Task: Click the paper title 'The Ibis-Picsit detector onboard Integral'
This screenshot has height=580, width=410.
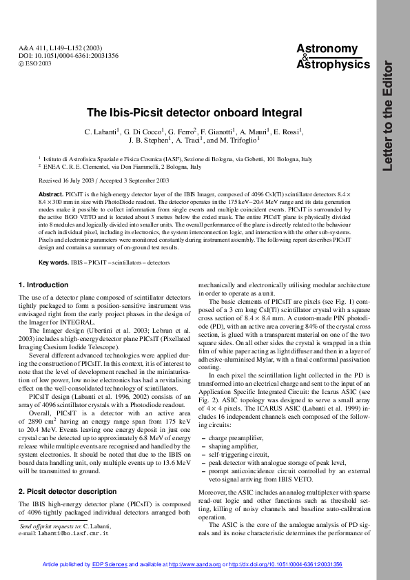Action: tap(194, 112)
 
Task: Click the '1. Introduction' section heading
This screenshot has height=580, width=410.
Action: tap(43, 284)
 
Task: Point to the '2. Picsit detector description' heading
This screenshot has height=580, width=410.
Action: tap(68, 491)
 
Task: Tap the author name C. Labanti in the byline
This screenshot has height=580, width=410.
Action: tap(103, 131)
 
